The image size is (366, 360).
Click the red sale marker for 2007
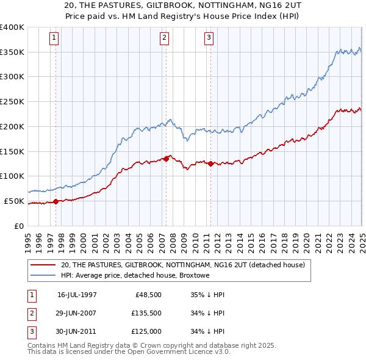(166, 159)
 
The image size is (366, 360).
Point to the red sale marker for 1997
(56, 201)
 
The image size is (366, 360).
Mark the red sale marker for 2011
(210, 164)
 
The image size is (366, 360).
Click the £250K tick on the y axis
(12, 101)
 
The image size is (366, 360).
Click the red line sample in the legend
(43, 265)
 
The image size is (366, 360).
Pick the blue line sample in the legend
(43, 276)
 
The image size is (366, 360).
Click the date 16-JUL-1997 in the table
(77, 294)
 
